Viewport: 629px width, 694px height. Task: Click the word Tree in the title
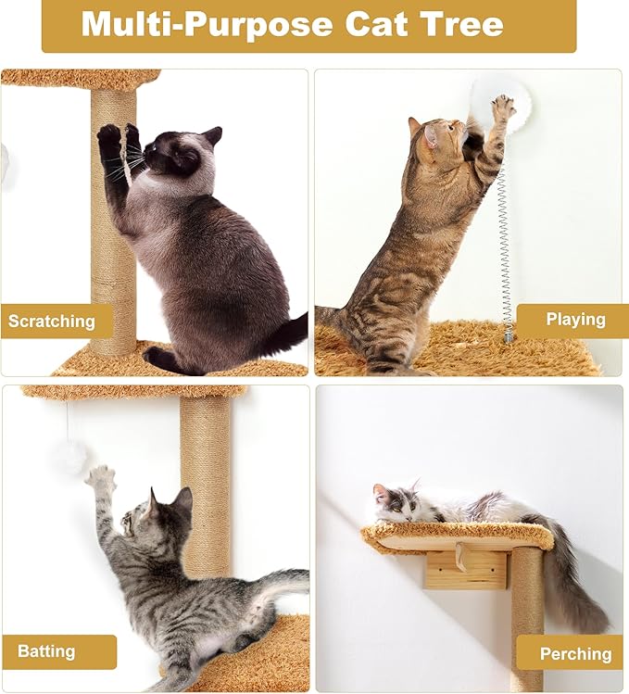[461, 24]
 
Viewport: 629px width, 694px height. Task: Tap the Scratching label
[53, 322]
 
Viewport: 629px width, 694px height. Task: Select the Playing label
[575, 320]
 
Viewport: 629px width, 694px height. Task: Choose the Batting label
[47, 651]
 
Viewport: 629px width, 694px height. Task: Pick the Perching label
[575, 653]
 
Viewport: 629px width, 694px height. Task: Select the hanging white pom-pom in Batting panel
[69, 457]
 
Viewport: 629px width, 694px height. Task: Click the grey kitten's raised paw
[100, 478]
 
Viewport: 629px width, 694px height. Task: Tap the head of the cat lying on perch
[394, 501]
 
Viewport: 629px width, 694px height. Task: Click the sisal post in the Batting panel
[206, 482]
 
